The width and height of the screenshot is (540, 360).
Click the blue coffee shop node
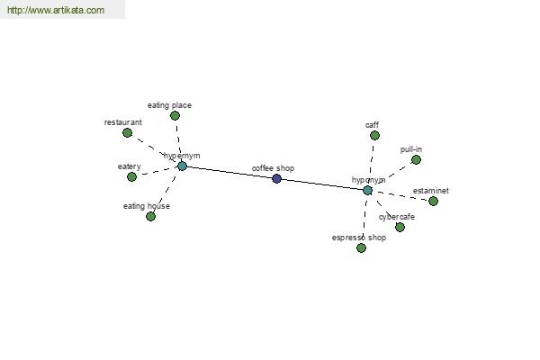(276, 178)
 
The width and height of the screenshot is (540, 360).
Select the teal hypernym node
(182, 166)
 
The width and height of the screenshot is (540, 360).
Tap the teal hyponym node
(368, 191)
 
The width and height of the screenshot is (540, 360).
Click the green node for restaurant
(128, 132)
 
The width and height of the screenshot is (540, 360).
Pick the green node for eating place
(175, 116)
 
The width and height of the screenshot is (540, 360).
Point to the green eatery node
(131, 176)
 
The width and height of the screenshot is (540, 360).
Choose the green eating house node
(150, 216)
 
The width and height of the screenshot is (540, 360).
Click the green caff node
(374, 135)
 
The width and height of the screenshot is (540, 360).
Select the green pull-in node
(416, 160)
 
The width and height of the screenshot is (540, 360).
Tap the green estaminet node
(433, 201)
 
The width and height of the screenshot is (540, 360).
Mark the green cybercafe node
(400, 227)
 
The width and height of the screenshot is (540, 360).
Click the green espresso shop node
(361, 247)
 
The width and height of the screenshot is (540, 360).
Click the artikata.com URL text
(56, 10)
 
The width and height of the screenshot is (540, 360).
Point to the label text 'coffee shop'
(273, 168)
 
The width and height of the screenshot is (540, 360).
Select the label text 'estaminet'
(431, 191)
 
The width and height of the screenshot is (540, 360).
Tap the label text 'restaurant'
(123, 122)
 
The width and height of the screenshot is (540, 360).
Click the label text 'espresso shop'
(359, 238)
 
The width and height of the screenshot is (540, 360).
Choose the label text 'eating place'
(169, 105)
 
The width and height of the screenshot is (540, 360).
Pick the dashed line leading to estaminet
(400, 195)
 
